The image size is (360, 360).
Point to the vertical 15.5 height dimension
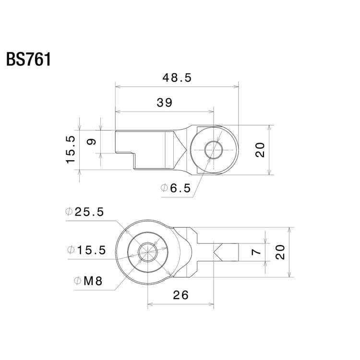71,149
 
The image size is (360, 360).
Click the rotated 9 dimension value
93,142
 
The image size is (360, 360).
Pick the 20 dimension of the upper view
260,150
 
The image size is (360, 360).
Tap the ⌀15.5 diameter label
86,250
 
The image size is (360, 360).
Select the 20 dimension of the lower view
281,252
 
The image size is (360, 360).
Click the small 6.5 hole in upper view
212,150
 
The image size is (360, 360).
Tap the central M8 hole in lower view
147,252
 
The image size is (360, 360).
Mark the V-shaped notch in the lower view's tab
218,252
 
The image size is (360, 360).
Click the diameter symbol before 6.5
164,189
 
